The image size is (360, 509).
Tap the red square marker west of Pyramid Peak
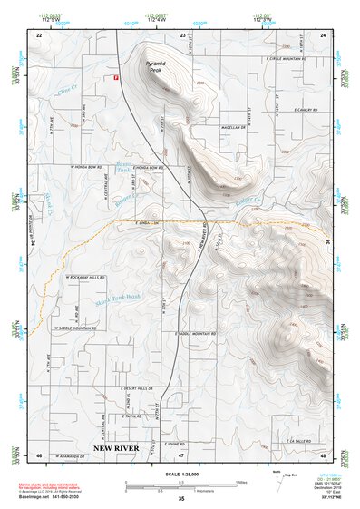[116, 77]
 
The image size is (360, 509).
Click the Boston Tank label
[123, 170]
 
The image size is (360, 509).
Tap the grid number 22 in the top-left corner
[39, 34]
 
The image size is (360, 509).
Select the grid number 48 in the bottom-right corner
[322, 454]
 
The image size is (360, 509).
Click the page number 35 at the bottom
[181, 499]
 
